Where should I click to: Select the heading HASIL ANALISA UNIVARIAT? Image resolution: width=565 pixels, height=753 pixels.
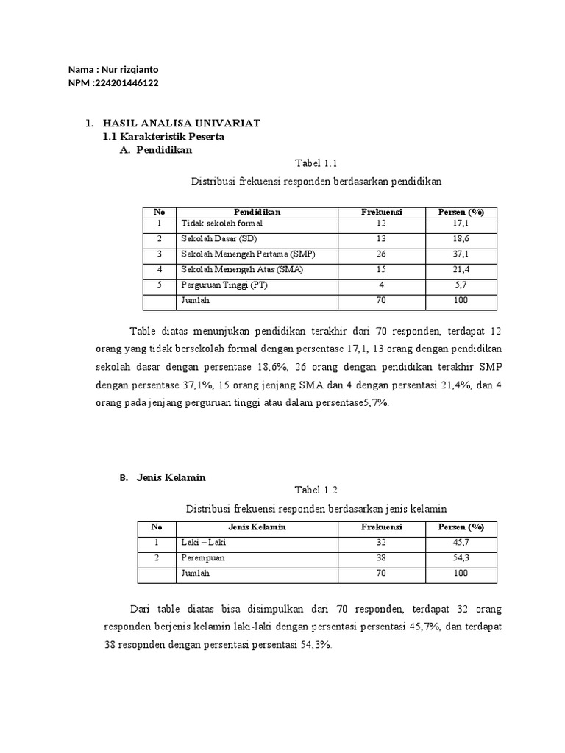pyautogui.click(x=181, y=122)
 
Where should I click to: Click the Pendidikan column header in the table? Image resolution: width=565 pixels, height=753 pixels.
pyautogui.click(x=257, y=212)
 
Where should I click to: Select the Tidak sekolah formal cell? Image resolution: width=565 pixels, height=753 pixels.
pyautogui.click(x=221, y=223)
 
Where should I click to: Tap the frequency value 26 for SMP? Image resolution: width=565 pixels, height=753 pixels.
pyautogui.click(x=380, y=254)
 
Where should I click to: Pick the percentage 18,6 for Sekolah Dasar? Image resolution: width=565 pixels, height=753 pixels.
pyautogui.click(x=461, y=239)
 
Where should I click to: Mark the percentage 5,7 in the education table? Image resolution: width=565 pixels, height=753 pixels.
pyautogui.click(x=461, y=285)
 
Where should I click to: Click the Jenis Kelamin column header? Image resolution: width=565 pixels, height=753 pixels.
pyautogui.click(x=257, y=527)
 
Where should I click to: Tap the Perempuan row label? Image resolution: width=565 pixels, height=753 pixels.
pyautogui.click(x=202, y=558)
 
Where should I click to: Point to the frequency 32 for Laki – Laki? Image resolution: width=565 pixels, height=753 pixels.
pyautogui.click(x=380, y=543)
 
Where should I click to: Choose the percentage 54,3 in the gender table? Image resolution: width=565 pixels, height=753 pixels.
pyautogui.click(x=461, y=558)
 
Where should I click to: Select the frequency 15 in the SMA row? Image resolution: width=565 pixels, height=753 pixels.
pyautogui.click(x=380, y=270)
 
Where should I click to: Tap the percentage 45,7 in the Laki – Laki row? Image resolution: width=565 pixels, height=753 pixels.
pyautogui.click(x=461, y=543)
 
